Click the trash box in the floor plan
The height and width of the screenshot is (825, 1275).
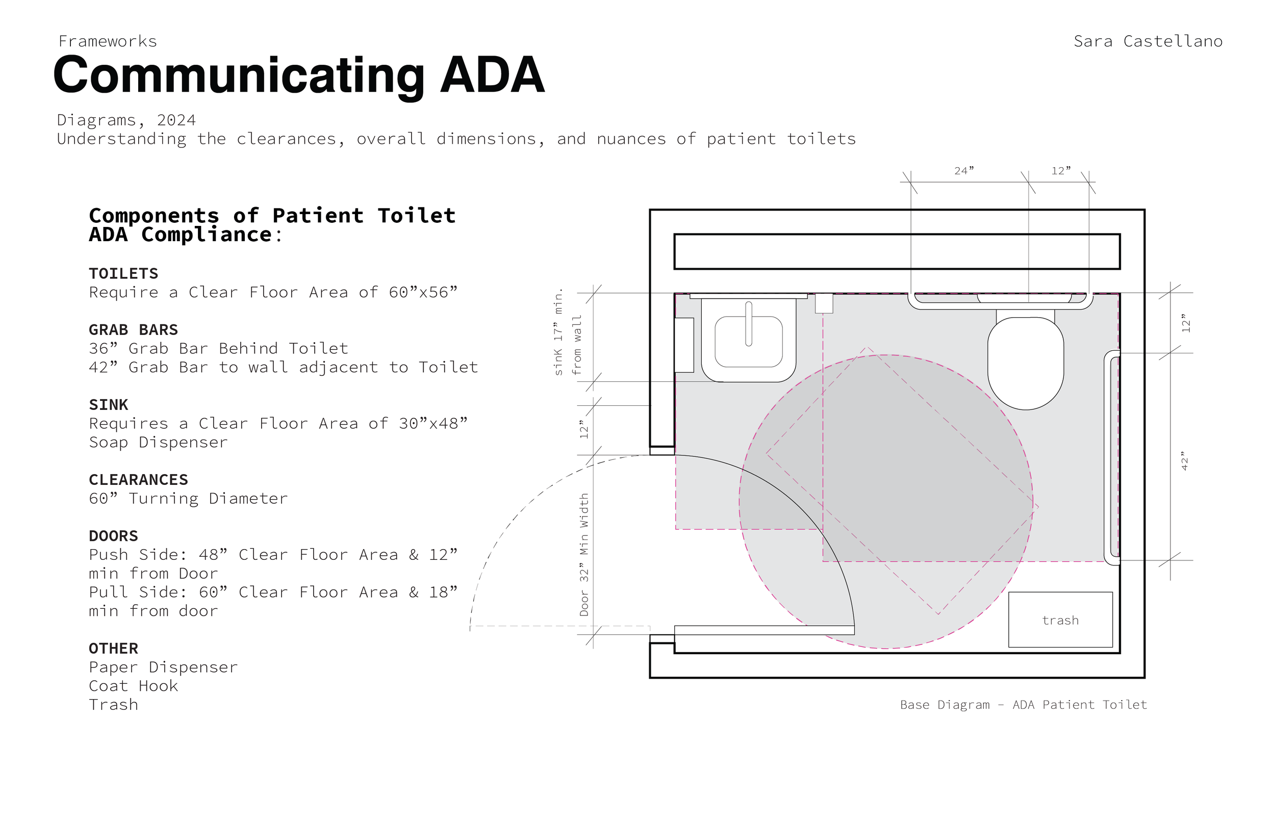[1060, 620]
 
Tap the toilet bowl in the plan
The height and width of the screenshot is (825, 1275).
[1026, 363]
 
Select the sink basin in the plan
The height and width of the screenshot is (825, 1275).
[748, 341]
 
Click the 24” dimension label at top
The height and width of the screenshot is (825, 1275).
[964, 171]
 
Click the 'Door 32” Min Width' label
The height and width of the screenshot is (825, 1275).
[584, 554]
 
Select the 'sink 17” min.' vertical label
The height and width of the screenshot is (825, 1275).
[558, 332]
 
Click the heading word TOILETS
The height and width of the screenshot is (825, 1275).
[124, 273]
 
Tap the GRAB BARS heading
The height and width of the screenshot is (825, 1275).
[134, 329]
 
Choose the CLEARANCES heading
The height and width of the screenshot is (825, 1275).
[139, 479]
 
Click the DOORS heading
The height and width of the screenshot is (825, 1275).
[114, 536]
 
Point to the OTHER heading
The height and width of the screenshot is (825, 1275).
[114, 648]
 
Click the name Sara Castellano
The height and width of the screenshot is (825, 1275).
[1148, 41]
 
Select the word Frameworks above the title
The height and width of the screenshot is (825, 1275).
[108, 41]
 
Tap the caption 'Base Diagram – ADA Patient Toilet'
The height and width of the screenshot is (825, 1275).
[1023, 705]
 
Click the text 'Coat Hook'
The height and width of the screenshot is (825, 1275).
[134, 686]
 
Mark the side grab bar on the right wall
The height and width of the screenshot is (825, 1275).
[1112, 457]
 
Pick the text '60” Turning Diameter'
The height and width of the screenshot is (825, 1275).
[189, 498]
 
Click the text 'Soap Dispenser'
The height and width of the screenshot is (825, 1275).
[159, 442]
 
